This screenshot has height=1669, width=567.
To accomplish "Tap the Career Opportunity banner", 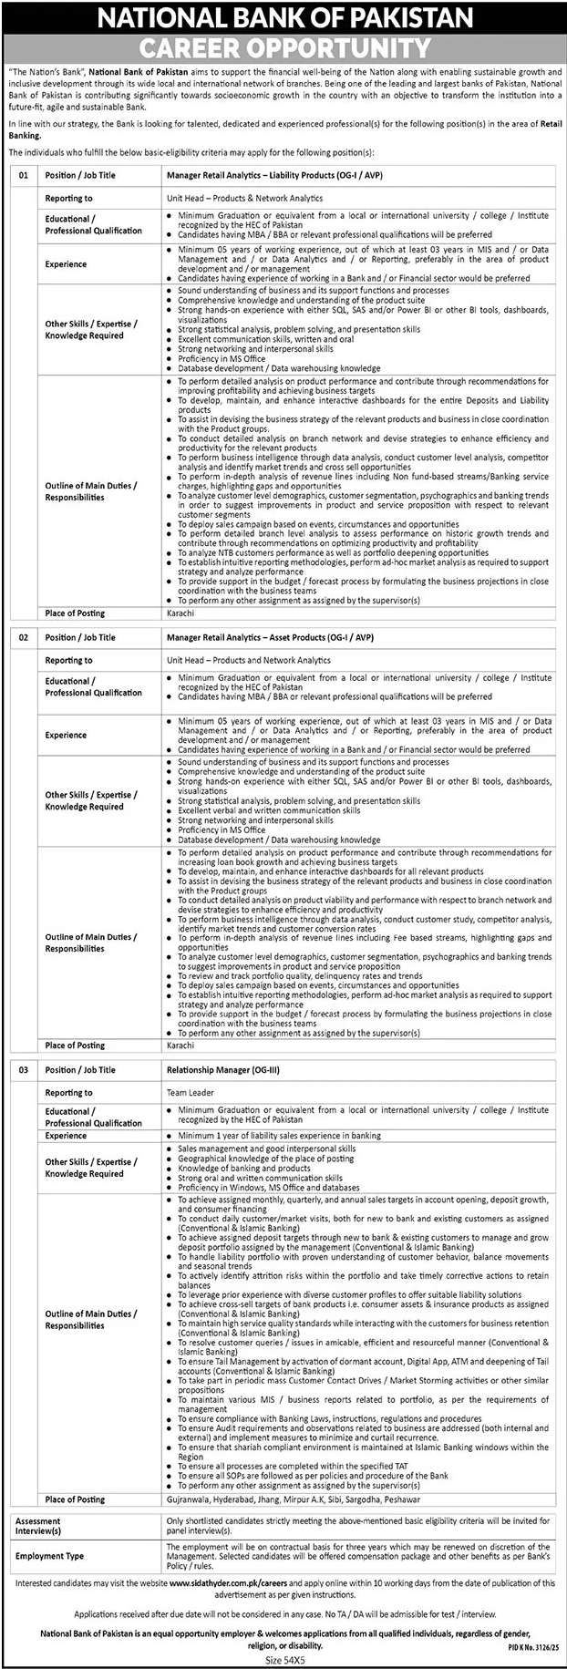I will (x=283, y=47).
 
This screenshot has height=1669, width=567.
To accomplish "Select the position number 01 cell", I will (x=25, y=175).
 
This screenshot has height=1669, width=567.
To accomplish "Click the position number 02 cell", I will (x=25, y=637).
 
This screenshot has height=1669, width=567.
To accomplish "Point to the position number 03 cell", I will (x=25, y=1069).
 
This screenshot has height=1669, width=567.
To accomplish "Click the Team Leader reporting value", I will (x=189, y=1092).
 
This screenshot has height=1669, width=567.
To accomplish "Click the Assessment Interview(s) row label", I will (x=38, y=1526).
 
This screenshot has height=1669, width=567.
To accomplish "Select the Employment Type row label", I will (x=49, y=1555).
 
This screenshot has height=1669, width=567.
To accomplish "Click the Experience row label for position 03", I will (x=66, y=1136).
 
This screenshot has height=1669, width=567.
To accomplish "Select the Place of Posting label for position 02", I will (x=75, y=1045).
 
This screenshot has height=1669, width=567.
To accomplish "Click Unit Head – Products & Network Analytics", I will (x=244, y=198).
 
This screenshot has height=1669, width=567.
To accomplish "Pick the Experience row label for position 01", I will (x=66, y=264).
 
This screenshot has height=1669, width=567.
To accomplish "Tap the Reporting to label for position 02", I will (x=68, y=660).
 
